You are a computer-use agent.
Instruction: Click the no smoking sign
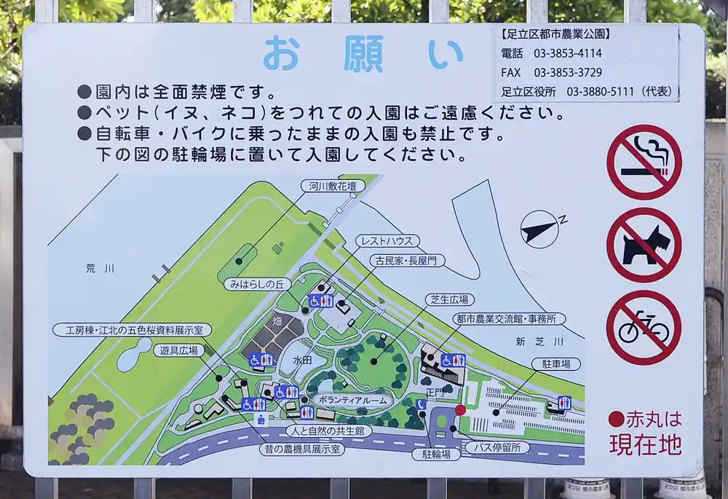coord(644,162)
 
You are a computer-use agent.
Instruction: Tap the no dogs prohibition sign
coord(644,245)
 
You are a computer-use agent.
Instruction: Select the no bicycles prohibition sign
coord(644,327)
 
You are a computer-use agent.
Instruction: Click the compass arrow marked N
coord(540,229)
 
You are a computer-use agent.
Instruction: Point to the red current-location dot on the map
coord(460,410)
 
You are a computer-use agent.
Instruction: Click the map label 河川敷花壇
coord(333,186)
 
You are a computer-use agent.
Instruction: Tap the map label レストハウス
coord(387,241)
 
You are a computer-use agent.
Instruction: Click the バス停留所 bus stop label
coord(497,447)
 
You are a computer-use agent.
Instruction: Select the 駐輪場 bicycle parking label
coord(441,454)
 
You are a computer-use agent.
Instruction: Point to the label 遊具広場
coord(178,350)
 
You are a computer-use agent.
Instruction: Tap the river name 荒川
coord(100,269)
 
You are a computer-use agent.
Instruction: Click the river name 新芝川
coord(539,341)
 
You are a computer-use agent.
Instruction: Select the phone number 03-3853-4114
coord(568,53)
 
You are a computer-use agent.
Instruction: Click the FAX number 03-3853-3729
coord(568,72)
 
